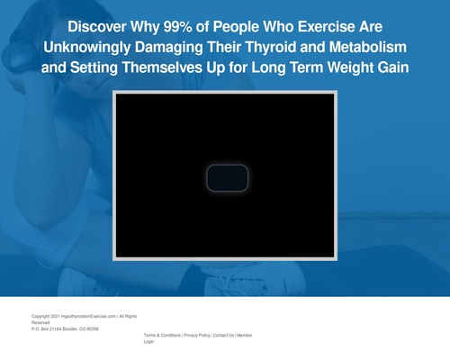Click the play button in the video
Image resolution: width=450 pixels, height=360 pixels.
(x=225, y=178)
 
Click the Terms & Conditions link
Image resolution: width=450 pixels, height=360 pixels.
(x=162, y=335)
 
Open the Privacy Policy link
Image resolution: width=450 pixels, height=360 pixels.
(x=196, y=335)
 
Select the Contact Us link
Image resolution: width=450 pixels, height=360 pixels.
(x=222, y=335)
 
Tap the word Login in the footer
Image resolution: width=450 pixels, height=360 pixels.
(x=149, y=342)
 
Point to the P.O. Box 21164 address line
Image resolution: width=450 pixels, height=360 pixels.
(x=65, y=329)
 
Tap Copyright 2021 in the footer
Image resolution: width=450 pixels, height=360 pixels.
(x=45, y=316)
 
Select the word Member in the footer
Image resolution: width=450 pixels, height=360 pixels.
(x=244, y=335)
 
